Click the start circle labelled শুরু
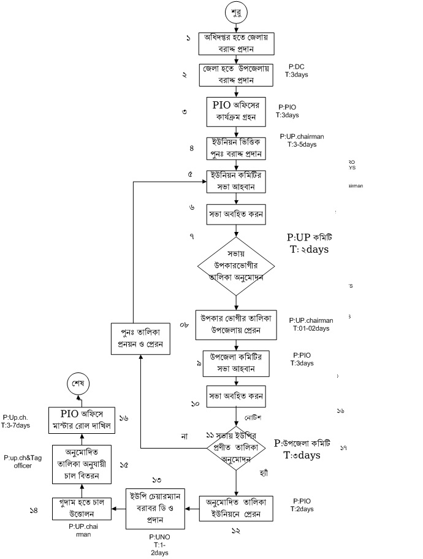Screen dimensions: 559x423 236,12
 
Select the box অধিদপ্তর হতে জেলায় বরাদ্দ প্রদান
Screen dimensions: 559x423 236,43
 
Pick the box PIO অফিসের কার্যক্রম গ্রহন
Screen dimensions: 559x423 236,110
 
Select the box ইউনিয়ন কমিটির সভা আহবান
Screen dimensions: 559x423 236,181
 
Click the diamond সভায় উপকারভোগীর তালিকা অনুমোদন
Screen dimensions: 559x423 236,266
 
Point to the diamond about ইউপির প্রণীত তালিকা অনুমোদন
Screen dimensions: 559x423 236,445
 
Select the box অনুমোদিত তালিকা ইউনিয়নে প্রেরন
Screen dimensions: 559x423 237,508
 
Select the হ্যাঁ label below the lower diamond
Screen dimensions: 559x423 264,476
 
